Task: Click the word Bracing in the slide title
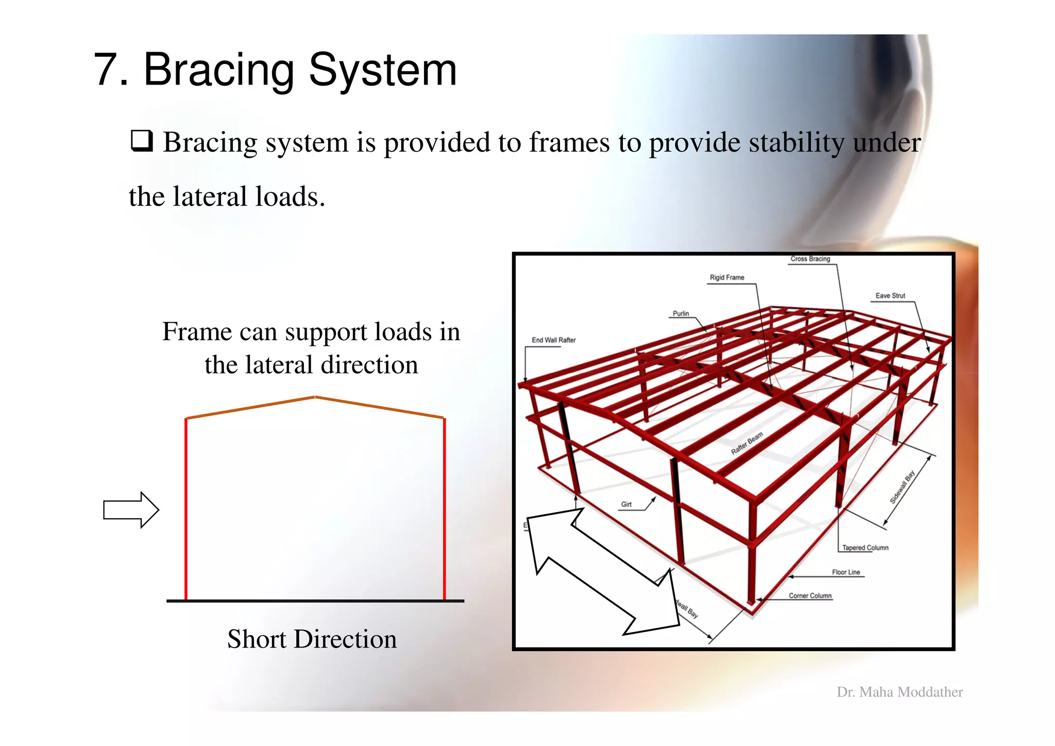pyautogui.click(x=219, y=71)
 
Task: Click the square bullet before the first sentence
pyautogui.click(x=142, y=141)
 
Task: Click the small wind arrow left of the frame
pyautogui.click(x=131, y=510)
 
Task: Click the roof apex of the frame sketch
pyautogui.click(x=315, y=397)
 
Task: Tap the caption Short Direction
pyautogui.click(x=312, y=639)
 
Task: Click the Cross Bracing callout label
pyautogui.click(x=810, y=259)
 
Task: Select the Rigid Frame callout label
pyautogui.click(x=727, y=277)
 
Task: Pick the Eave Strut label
pyautogui.click(x=890, y=296)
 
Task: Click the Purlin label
pyautogui.click(x=680, y=313)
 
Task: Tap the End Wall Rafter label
pyautogui.click(x=554, y=340)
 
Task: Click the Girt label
pyautogui.click(x=626, y=504)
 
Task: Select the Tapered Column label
pyautogui.click(x=865, y=548)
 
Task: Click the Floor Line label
pyautogui.click(x=846, y=572)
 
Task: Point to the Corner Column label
pyautogui.click(x=810, y=595)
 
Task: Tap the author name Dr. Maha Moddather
pyautogui.click(x=899, y=692)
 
